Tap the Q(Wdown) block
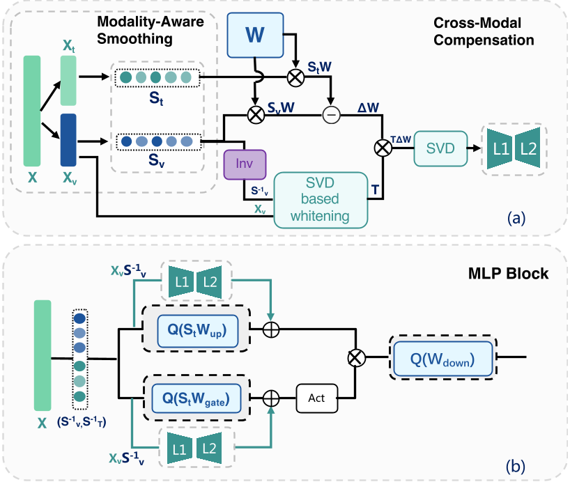(444, 359)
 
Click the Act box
(318, 400)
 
